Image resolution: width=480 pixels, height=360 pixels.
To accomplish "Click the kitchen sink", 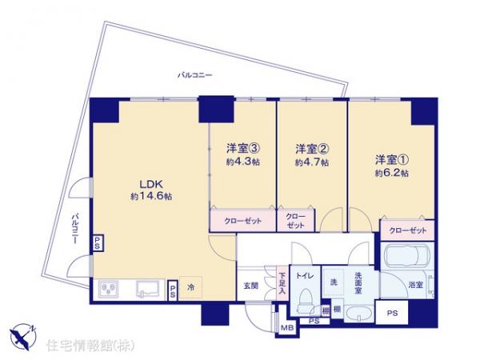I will coord(150,287).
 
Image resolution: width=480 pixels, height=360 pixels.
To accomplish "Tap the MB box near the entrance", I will coord(286,326).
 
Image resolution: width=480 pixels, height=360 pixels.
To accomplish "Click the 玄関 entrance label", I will coord(250,286).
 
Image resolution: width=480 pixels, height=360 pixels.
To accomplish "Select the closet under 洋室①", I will coord(406,230).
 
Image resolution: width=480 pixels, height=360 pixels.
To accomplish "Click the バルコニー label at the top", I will coord(194,75).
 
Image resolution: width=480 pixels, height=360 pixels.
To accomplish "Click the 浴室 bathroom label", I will coord(415,285).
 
